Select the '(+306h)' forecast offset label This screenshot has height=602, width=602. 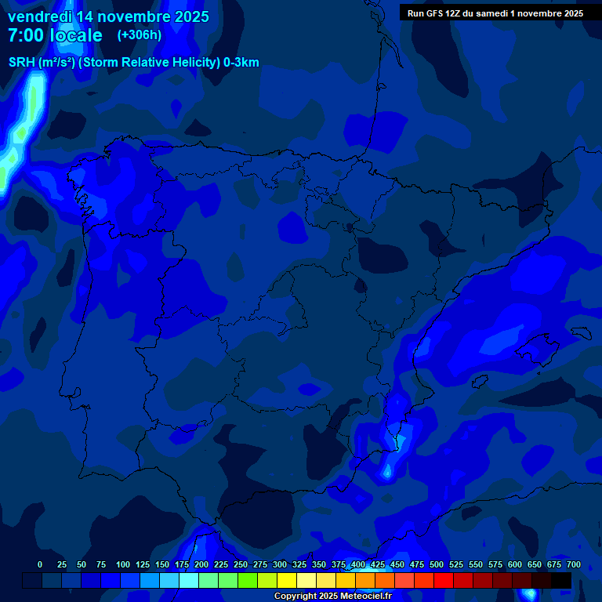[139, 35]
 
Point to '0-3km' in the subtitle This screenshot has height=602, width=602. [241, 63]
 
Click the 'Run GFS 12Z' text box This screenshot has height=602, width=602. [495, 13]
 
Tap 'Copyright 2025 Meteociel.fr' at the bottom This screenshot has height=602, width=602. [332, 596]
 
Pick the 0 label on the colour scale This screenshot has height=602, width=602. [40, 564]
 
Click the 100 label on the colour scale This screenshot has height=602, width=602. [122, 564]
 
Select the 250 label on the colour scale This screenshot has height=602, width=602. [241, 564]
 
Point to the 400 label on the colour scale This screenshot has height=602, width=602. [358, 564]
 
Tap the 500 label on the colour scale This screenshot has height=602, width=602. [437, 564]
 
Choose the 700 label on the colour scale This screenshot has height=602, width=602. [573, 564]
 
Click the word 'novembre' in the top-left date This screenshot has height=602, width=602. [136, 16]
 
